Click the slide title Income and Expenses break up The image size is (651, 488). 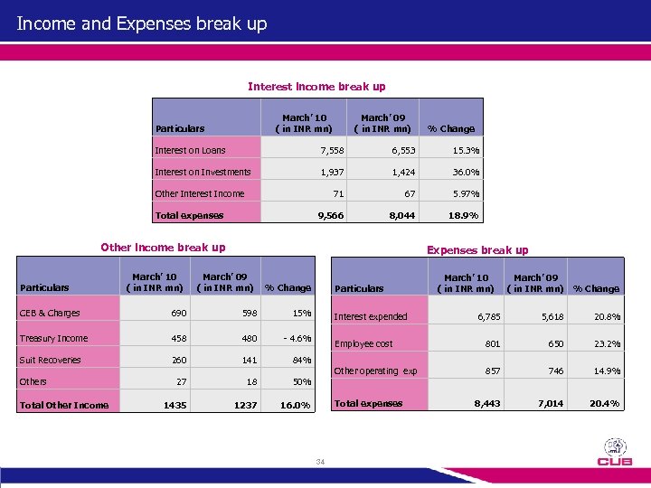click(x=142, y=23)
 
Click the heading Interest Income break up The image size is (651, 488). click(x=316, y=87)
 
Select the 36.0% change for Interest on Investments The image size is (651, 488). click(x=466, y=172)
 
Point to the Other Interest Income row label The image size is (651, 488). click(x=199, y=193)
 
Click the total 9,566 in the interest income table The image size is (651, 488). click(x=329, y=215)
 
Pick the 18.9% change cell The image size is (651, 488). click(x=465, y=215)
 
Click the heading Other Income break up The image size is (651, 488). click(x=163, y=247)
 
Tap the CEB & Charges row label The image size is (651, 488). click(x=50, y=313)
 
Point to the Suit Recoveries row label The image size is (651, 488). click(x=51, y=360)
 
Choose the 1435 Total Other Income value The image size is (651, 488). click(x=175, y=406)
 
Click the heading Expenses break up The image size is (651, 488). click(x=477, y=249)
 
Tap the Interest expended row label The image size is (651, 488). click(x=371, y=316)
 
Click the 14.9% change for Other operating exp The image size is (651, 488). click(x=607, y=371)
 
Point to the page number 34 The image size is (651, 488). click(x=319, y=462)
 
